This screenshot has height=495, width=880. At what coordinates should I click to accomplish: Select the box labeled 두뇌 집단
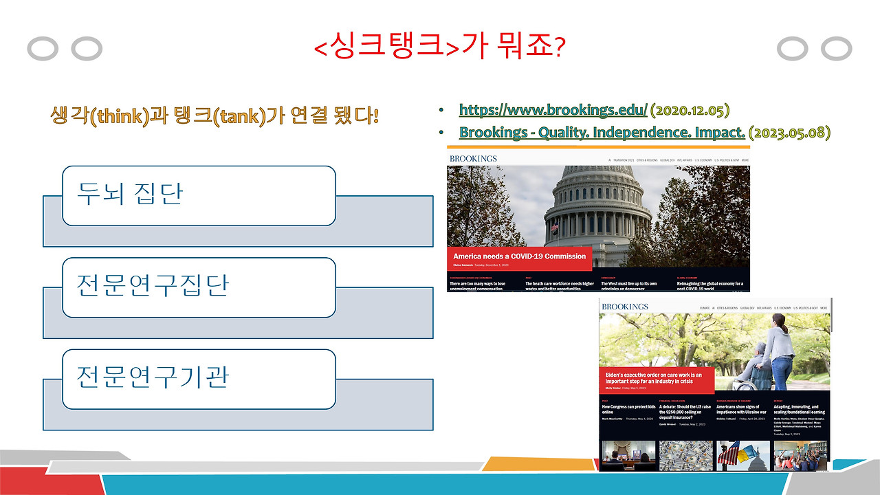[199, 195]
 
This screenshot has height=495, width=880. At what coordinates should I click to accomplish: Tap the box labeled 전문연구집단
[199, 287]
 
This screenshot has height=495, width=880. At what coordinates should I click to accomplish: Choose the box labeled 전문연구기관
[199, 378]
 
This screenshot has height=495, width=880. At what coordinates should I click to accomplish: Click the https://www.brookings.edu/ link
[553, 109]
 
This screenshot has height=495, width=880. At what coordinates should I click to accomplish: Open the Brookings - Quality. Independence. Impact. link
[602, 132]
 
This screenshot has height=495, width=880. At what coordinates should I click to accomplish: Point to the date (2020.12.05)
[690, 109]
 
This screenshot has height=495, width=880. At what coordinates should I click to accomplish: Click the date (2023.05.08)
[789, 132]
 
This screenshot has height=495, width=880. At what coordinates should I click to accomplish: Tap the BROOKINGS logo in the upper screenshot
[473, 159]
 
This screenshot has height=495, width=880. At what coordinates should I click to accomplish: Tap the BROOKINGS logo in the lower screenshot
[624, 307]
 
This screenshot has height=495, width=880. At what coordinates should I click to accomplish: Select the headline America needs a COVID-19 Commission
[519, 256]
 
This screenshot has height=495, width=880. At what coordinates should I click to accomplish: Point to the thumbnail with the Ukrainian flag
[742, 455]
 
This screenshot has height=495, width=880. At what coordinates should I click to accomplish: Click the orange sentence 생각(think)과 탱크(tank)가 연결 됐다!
[214, 114]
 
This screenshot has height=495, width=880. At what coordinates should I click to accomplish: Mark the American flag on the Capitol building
[553, 228]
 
